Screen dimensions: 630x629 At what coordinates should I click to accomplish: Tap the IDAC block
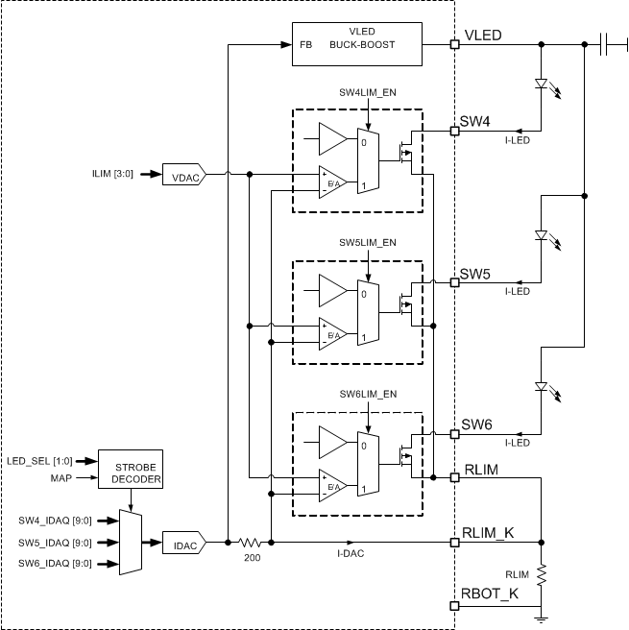(x=183, y=544)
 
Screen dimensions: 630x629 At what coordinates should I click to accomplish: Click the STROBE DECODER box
(x=132, y=472)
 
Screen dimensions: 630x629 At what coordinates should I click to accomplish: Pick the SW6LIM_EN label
(x=367, y=394)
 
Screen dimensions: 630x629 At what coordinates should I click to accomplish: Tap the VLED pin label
(x=483, y=35)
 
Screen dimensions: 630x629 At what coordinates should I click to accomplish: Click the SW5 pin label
(x=475, y=274)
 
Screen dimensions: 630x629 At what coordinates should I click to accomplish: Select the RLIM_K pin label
(x=488, y=533)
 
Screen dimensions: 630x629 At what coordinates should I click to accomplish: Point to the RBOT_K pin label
(x=490, y=595)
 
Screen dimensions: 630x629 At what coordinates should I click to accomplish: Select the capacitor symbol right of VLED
(x=606, y=44)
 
